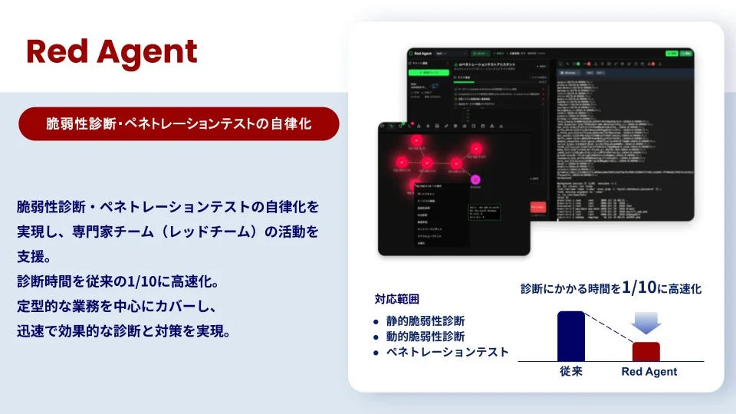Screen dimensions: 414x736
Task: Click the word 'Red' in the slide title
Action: pyautogui.click(x=54, y=51)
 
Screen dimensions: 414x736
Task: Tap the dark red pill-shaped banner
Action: pyautogui.click(x=179, y=124)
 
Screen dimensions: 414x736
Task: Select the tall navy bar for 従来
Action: pyautogui.click(x=570, y=336)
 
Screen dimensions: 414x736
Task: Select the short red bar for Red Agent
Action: pyautogui.click(x=646, y=351)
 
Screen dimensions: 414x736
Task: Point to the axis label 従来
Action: pyautogui.click(x=570, y=372)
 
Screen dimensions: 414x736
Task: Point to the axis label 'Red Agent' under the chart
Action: pyautogui.click(x=649, y=372)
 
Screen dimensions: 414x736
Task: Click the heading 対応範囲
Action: pyautogui.click(x=396, y=299)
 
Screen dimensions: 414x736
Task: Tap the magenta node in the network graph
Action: pyautogui.click(x=475, y=180)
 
